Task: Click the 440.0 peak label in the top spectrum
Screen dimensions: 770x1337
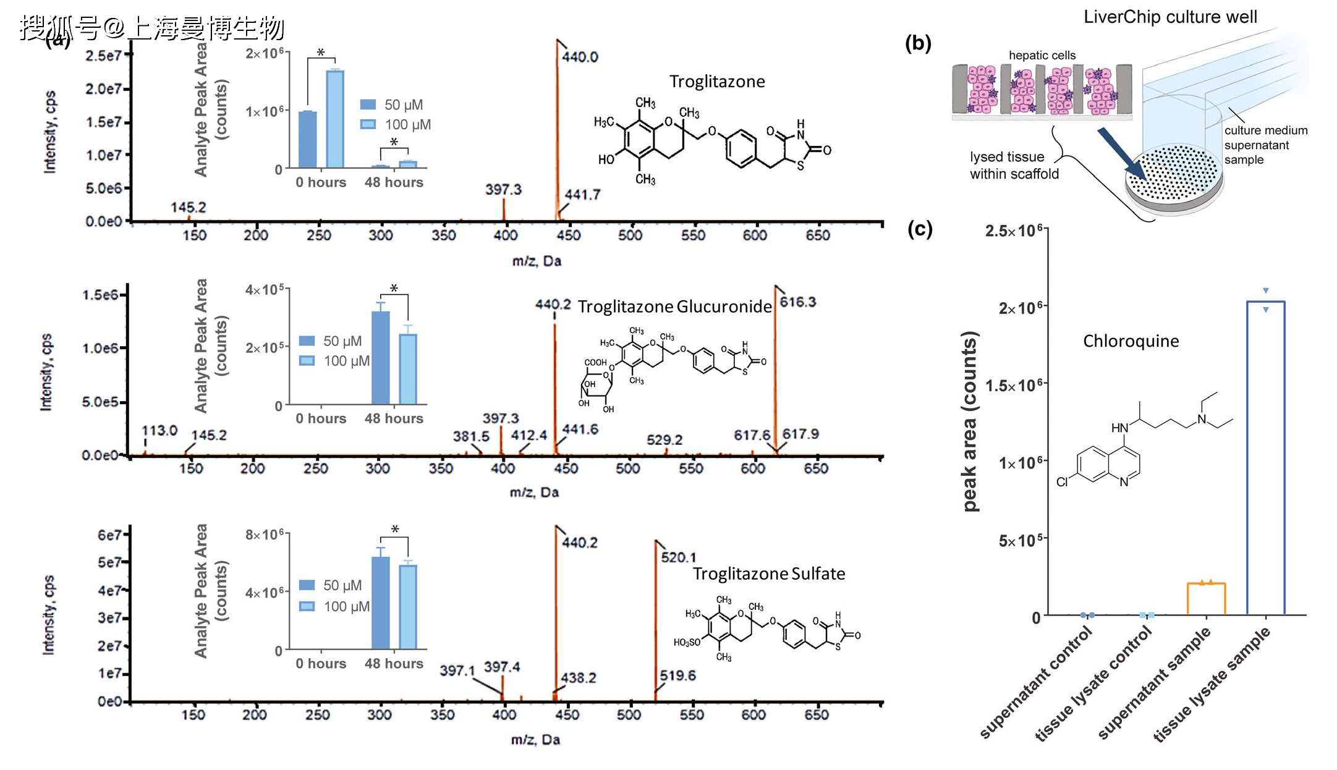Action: point(580,57)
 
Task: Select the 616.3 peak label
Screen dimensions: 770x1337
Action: point(797,302)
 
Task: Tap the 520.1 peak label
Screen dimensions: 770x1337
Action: point(678,557)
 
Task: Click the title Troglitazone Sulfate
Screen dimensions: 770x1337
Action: point(768,573)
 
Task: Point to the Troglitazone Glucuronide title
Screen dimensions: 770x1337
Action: point(674,307)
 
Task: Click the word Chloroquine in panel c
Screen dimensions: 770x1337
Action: point(1131,341)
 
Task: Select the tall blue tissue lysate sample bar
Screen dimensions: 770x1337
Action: point(1265,457)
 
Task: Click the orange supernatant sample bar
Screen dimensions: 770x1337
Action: point(1206,598)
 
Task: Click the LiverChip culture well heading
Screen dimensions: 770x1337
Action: point(1169,17)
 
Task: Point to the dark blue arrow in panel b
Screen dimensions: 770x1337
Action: point(1123,154)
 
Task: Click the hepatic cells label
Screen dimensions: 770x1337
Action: point(1042,55)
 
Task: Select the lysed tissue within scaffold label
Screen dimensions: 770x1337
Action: point(1014,165)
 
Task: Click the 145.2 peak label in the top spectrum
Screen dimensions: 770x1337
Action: point(188,207)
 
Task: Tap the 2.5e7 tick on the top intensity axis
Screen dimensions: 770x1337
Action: point(103,56)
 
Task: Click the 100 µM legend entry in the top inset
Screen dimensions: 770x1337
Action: point(396,124)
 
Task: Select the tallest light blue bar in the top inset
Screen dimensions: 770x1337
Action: point(335,119)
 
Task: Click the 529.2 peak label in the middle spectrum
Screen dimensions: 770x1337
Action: point(664,439)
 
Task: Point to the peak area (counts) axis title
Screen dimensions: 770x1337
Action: point(969,421)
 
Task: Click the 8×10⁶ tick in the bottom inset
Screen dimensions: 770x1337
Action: point(265,534)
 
